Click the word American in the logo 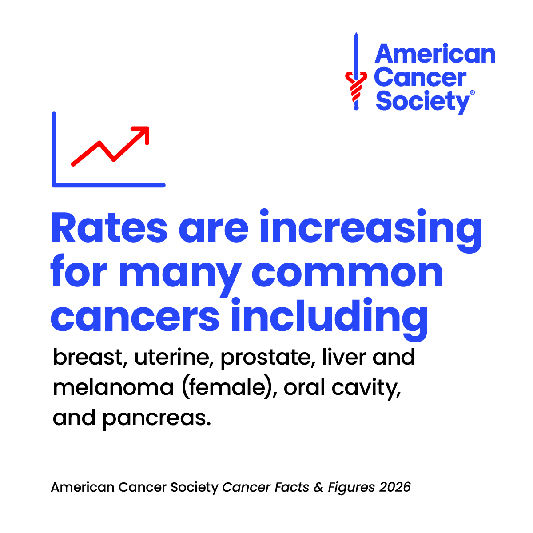435,54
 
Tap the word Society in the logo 422,102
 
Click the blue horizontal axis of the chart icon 109,185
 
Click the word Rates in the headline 109,228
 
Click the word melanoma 113,387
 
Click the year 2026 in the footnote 395,487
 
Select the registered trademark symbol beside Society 472,92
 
